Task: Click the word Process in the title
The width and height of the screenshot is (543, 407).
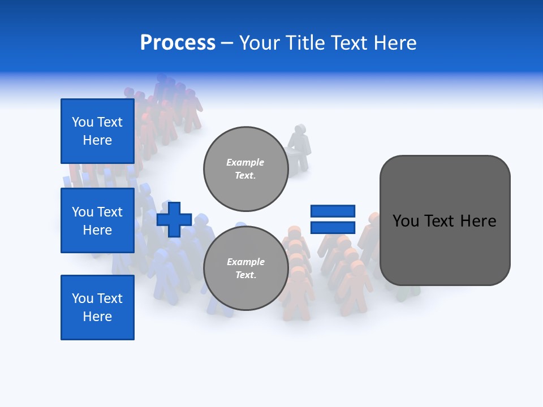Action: coord(178,43)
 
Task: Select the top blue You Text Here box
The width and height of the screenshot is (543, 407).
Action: coord(97,131)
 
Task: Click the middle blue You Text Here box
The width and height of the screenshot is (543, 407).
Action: coord(97,220)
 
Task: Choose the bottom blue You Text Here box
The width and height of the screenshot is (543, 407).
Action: coord(97,307)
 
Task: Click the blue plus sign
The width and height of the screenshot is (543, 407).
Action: coord(174,219)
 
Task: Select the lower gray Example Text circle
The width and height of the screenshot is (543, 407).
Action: coord(245,268)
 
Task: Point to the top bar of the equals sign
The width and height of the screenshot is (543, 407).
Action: coord(333,211)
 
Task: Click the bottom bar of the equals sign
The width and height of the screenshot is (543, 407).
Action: coord(333,227)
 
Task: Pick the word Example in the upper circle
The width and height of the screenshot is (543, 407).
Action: coord(245,162)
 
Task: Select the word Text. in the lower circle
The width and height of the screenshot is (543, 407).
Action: coord(245,275)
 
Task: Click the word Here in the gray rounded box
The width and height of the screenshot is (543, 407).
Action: coord(478,221)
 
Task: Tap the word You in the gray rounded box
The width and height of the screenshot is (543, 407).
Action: coord(405,221)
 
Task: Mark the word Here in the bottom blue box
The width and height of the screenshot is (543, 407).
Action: coord(97,317)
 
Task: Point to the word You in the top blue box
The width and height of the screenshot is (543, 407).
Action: coord(83,122)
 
